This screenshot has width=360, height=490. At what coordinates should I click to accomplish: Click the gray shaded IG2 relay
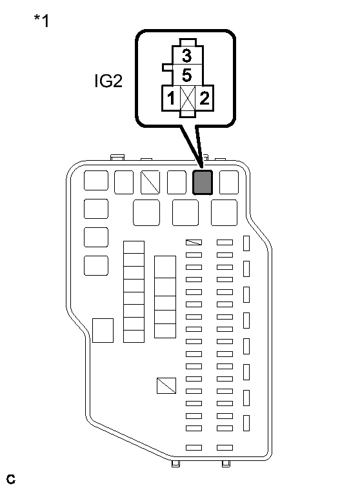point(203,183)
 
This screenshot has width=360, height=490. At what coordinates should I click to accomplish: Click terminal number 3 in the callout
point(186,54)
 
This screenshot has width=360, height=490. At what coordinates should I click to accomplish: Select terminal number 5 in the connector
point(186,75)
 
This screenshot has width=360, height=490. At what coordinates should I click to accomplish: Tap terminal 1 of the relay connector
point(170,99)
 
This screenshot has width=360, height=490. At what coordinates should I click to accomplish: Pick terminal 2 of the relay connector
point(204,99)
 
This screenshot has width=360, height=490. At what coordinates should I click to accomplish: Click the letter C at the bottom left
point(10,480)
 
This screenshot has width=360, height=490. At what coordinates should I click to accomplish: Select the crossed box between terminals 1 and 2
point(187,99)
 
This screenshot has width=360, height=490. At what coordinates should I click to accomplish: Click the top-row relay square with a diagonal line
point(150,183)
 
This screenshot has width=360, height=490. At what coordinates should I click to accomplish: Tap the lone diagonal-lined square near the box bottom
point(166,385)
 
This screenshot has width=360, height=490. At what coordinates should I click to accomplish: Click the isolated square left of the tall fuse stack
point(103,330)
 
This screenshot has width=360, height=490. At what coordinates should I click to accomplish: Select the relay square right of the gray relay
point(229,183)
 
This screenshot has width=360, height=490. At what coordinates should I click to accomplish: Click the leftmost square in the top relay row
point(96,181)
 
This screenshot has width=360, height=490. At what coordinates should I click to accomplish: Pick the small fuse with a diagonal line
point(194,243)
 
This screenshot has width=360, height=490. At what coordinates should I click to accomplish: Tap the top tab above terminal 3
point(186,43)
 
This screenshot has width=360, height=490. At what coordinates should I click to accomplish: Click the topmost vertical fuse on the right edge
point(246,243)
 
